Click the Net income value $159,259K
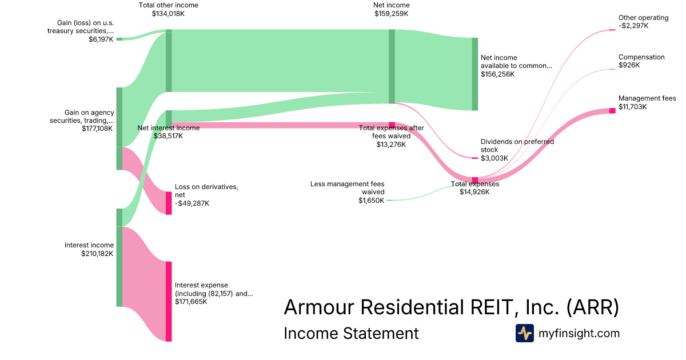tap(391, 14)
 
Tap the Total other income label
tap(169, 5)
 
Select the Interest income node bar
tap(119, 257)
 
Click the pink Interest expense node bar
tap(169, 301)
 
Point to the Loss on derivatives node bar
tap(169, 203)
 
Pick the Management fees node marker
tap(612, 110)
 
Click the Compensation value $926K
tap(629, 66)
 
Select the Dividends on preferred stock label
tap(517, 146)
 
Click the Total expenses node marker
tap(474, 180)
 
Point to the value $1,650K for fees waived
tap(371, 201)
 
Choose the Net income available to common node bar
tap(474, 74)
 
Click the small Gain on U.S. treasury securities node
tap(119, 39)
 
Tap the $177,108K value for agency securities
tap(98, 129)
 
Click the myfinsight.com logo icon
tap(524, 333)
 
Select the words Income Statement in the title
tap(351, 333)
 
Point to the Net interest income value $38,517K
tap(168, 137)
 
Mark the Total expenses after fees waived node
tap(392, 125)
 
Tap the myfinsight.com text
tap(579, 333)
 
